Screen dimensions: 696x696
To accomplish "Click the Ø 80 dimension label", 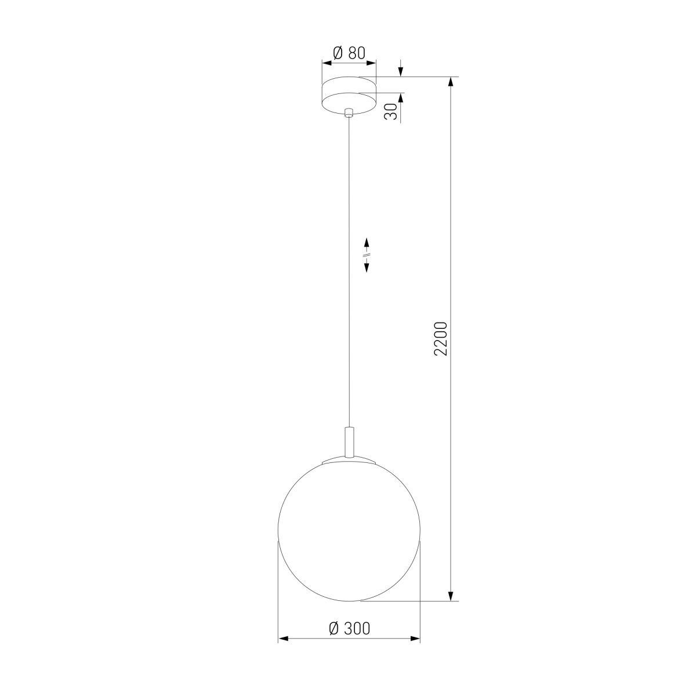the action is (349, 53).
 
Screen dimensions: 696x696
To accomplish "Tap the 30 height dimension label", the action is (390, 111).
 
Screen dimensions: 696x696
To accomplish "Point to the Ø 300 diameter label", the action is (349, 629).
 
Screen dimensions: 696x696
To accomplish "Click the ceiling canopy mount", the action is (349, 95).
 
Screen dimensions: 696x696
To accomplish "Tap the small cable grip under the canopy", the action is (349, 113).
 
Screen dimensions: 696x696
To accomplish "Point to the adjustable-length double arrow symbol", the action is (366, 255).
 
